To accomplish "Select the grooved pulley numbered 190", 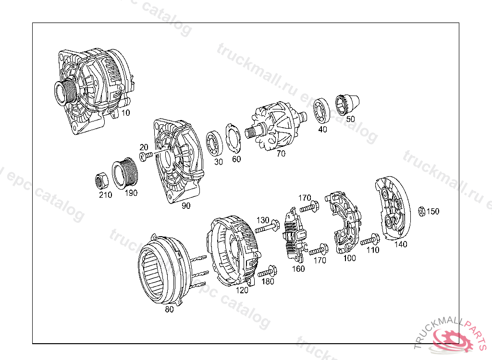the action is coord(124,174).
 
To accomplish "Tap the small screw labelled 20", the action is coord(146,156).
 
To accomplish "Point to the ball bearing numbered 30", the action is coord(214,144).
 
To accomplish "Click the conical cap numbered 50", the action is coord(347,104).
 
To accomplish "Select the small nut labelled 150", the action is coord(422,211).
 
